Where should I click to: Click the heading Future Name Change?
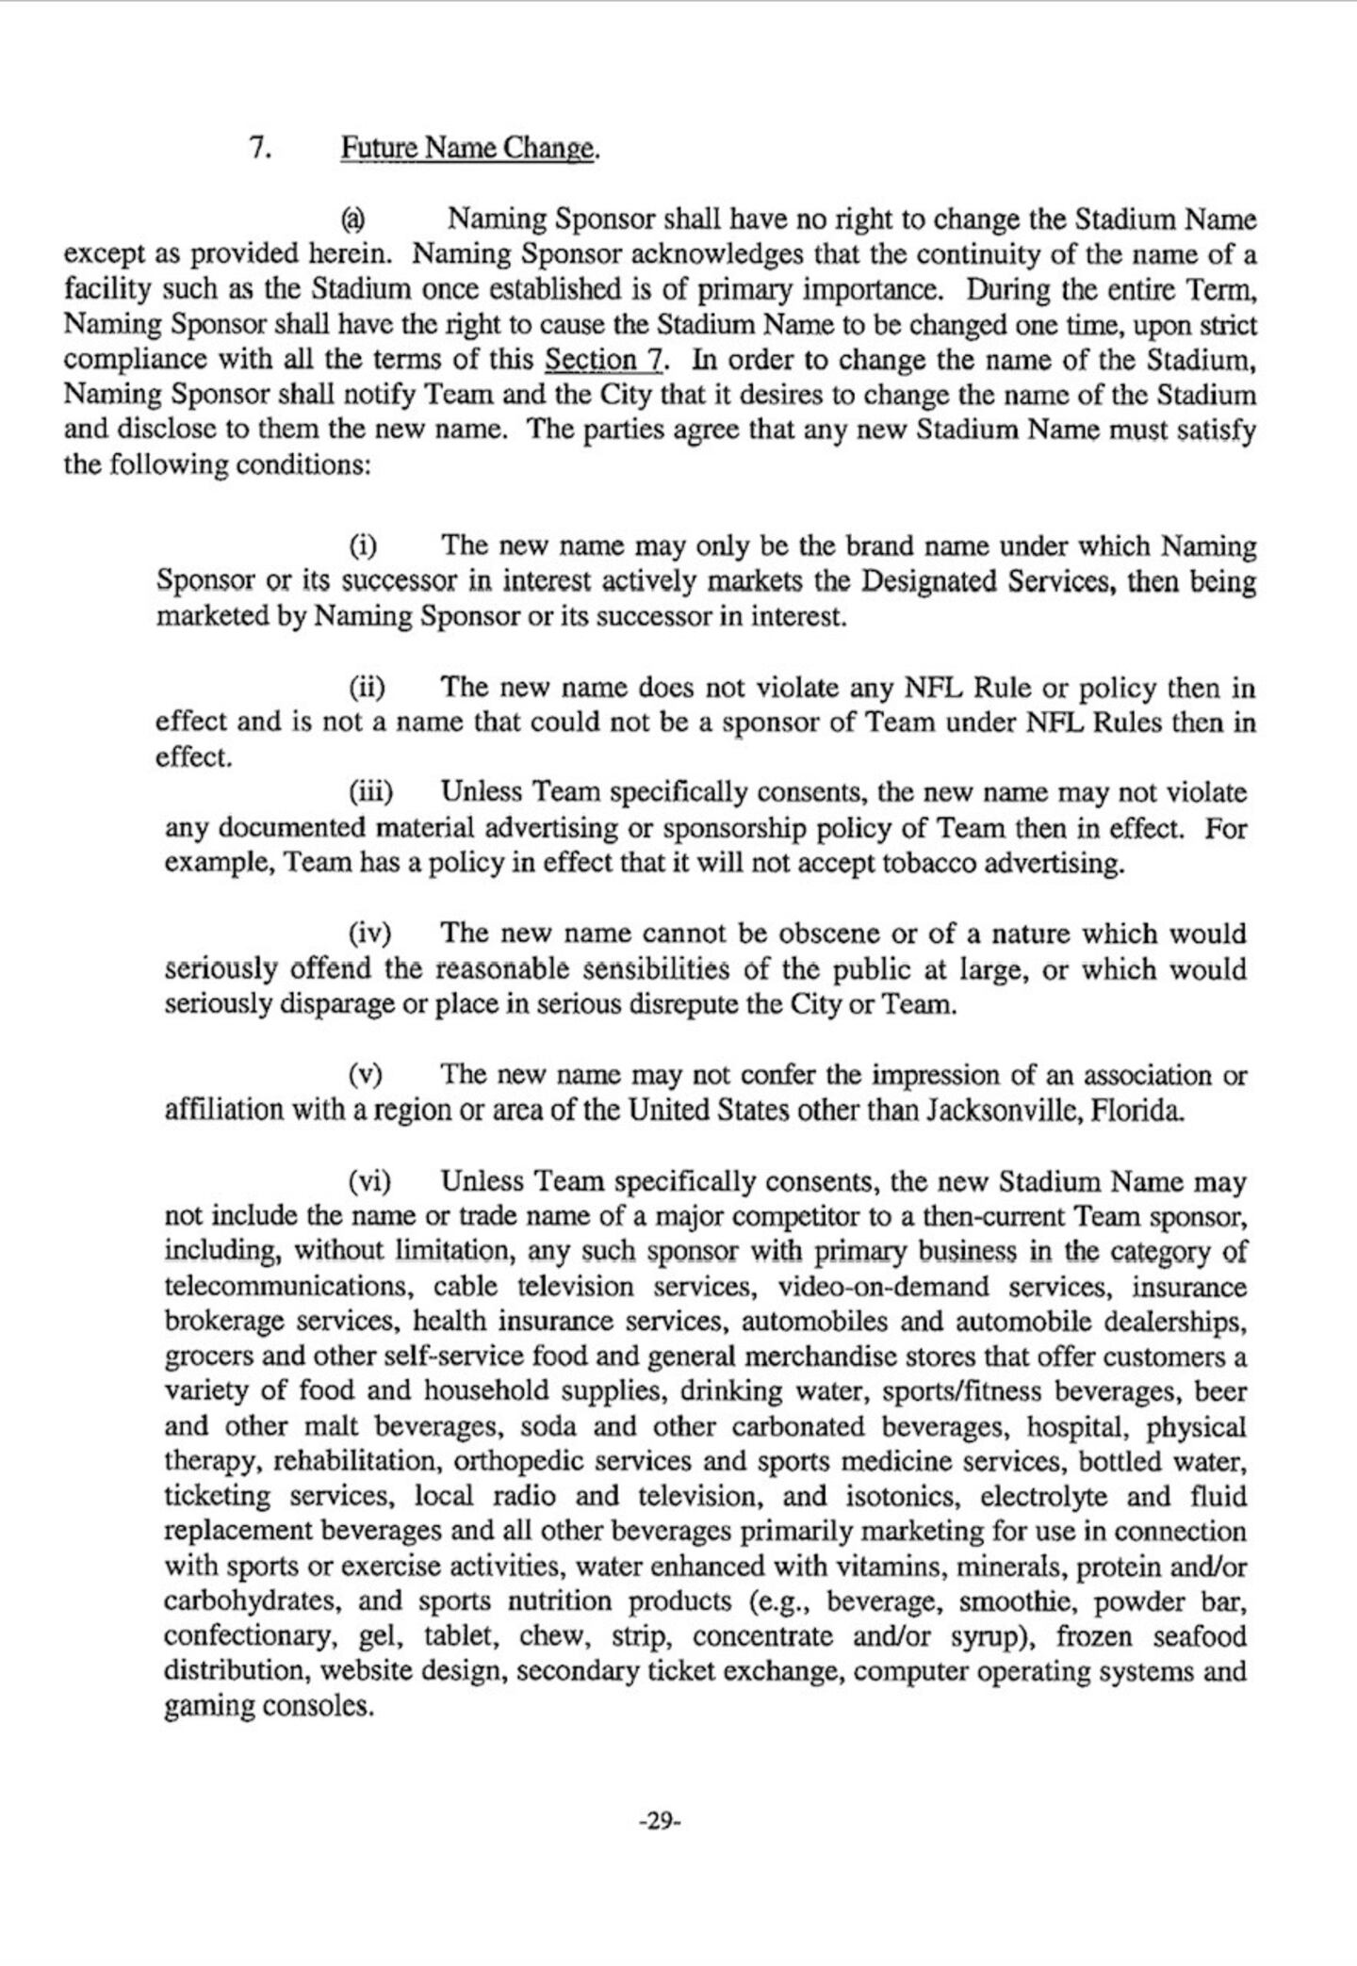coord(468,149)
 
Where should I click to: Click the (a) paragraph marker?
coord(352,219)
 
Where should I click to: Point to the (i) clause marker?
coord(364,546)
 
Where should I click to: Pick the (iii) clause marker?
coord(371,792)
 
